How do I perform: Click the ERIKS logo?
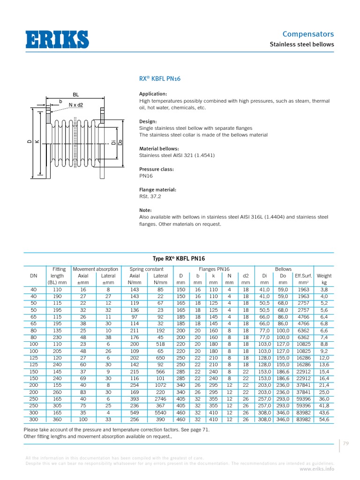(x=57, y=39)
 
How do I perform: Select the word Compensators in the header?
(x=308, y=34)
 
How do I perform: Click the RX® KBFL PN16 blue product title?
(x=160, y=79)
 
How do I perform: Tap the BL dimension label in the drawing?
(x=75, y=95)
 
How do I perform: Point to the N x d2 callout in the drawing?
(x=75, y=105)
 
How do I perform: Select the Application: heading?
(x=153, y=94)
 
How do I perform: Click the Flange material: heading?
(x=157, y=190)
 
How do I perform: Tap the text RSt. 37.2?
(x=150, y=197)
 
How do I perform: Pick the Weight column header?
(x=324, y=276)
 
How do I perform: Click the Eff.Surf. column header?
(x=303, y=276)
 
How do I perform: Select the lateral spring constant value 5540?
(x=160, y=412)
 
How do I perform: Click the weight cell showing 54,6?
(x=324, y=419)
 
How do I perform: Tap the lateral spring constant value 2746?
(x=160, y=399)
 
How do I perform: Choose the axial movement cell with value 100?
(x=83, y=419)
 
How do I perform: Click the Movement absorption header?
(x=95, y=269)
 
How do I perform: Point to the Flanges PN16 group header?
(x=213, y=269)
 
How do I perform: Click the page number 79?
(x=346, y=443)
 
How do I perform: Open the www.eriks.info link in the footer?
(x=317, y=468)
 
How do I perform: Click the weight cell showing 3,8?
(x=324, y=290)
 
